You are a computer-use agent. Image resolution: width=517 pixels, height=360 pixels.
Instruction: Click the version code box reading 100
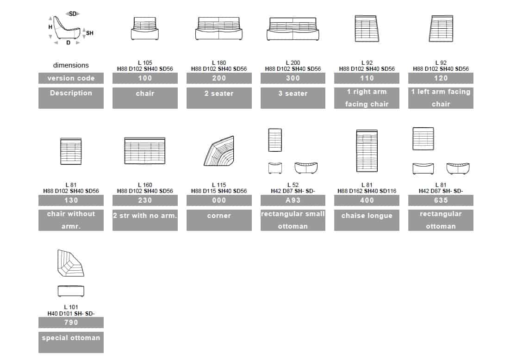(145, 78)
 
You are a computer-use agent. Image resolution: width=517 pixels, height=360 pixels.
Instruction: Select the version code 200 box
(219, 78)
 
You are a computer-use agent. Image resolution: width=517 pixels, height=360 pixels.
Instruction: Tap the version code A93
(293, 200)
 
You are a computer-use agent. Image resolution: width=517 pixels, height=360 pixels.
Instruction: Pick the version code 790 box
(71, 323)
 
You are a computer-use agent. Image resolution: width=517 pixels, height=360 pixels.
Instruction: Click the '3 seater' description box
(293, 98)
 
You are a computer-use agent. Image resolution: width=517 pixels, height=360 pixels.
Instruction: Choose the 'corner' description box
(219, 220)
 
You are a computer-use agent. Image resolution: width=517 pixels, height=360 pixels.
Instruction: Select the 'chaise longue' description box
(367, 220)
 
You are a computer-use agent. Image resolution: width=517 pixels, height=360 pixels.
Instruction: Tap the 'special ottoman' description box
(71, 342)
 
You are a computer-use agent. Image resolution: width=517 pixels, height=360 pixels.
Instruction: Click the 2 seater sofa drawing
(219, 28)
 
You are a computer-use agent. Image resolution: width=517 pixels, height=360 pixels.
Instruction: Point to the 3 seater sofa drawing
(293, 29)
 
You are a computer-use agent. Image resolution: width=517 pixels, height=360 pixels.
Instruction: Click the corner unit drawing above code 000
(219, 151)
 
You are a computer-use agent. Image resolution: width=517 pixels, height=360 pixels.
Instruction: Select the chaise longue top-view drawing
(367, 151)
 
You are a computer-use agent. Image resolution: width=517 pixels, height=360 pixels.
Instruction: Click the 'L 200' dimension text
(293, 62)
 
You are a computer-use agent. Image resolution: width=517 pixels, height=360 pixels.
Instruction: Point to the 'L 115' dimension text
(219, 185)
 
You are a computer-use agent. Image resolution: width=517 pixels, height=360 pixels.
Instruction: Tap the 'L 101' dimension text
(71, 307)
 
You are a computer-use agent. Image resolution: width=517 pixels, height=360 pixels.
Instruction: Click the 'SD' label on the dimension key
(73, 14)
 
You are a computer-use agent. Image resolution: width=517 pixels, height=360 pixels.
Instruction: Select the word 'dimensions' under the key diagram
(71, 65)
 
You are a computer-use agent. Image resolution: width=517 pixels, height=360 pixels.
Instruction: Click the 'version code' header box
(71, 78)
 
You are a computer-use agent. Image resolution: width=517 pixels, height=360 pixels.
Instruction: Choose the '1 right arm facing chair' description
(367, 98)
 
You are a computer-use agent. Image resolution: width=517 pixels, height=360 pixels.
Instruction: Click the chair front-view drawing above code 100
(145, 28)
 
